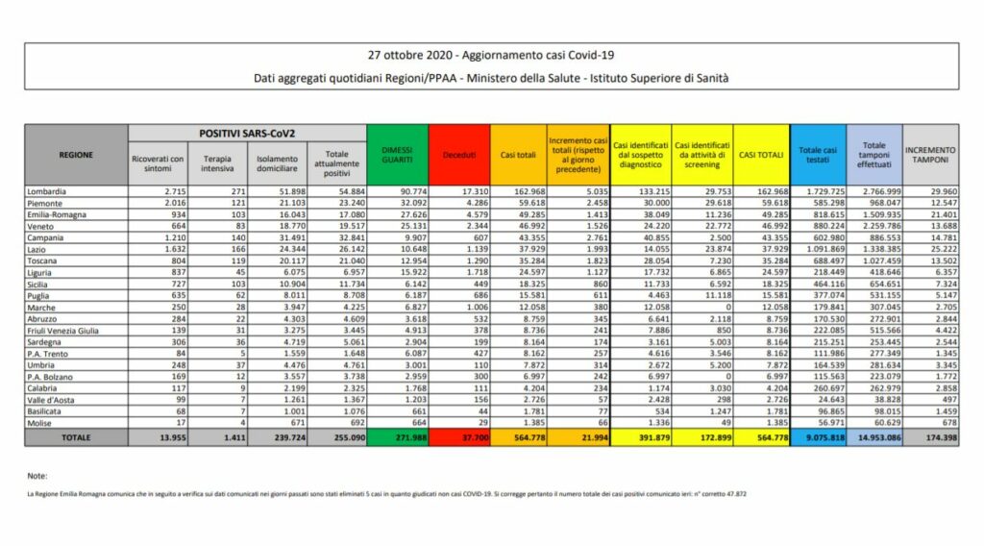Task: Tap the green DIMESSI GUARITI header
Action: tap(396, 154)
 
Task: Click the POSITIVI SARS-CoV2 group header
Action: tap(245, 132)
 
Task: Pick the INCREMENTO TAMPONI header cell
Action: tap(929, 154)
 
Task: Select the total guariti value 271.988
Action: tap(396, 437)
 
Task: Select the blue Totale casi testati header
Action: tap(818, 154)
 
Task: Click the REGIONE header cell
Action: tap(76, 154)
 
